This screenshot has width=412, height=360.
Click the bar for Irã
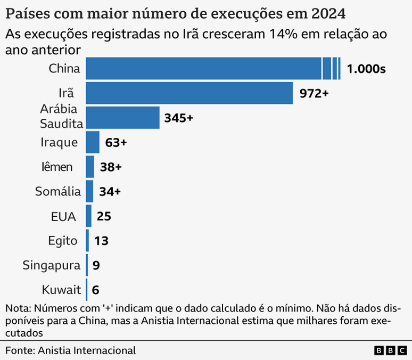tap(189, 93)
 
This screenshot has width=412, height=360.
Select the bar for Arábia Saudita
tap(122, 118)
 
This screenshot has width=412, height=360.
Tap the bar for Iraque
tap(93, 142)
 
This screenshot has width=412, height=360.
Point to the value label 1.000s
tap(366, 69)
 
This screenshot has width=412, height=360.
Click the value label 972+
tap(314, 94)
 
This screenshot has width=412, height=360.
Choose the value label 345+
tap(178, 118)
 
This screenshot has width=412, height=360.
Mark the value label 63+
tap(116, 143)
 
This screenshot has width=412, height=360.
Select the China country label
tap(64, 69)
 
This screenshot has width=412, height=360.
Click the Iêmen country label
tap(56, 167)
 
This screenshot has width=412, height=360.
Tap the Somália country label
tap(58, 192)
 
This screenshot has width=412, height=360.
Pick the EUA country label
tap(63, 217)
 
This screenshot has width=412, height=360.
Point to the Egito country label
tap(62, 241)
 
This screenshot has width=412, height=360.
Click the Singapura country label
tap(52, 265)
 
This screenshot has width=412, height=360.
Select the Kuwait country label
tap(61, 290)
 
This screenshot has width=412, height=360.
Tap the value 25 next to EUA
tap(103, 217)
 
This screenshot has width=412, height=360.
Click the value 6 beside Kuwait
tap(96, 290)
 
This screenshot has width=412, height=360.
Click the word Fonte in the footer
tap(19, 350)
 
